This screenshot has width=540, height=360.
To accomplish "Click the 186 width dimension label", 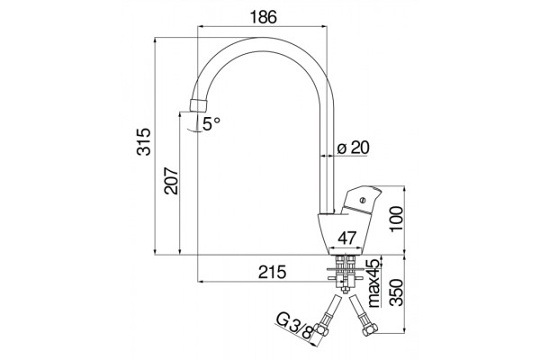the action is point(263,17).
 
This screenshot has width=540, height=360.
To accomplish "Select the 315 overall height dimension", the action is point(144,141).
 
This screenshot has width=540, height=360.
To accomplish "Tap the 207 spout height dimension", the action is point(171,181).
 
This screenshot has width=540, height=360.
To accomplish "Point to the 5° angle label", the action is point(211,123).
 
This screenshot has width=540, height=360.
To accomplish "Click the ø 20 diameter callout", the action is point(354,148).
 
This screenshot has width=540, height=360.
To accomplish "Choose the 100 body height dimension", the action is point(397,219).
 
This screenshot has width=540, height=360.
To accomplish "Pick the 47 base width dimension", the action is point(346,238).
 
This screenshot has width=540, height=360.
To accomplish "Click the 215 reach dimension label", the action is point(272,272).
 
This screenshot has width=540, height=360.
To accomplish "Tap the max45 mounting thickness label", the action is point(374,283).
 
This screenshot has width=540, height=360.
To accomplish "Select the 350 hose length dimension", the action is point(397,292).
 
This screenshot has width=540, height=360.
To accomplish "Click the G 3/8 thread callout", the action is point(295,328).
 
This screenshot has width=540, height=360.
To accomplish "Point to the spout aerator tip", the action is point(199,105).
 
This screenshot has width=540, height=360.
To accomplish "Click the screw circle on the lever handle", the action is point(362,200).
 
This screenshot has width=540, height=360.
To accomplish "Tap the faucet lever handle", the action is point(361,201).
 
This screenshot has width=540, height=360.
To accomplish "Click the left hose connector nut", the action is point(322,330).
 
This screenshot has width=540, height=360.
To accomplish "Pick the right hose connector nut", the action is point(370,330).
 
